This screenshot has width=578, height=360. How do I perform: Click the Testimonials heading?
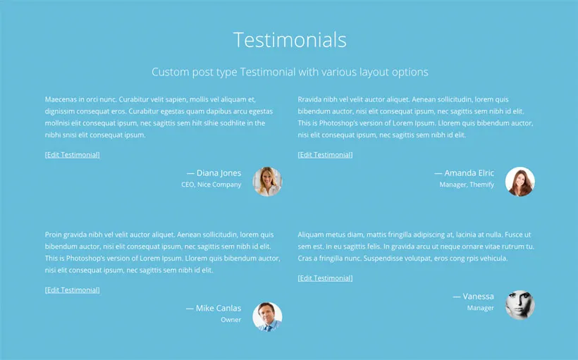(289, 39)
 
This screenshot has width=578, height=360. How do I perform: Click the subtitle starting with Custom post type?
(289, 72)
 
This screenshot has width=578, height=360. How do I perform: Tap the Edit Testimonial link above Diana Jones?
(72, 154)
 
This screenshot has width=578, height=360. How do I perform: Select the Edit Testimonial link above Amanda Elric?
(325, 154)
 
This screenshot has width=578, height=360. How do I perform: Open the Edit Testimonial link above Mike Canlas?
(72, 290)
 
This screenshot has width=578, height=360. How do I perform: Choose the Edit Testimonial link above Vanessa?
(325, 278)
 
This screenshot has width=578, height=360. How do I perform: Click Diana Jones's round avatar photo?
(267, 181)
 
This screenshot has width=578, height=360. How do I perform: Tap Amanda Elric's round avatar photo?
(519, 181)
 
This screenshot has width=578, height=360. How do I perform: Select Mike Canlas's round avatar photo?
(267, 316)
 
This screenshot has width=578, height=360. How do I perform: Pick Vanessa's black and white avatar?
(519, 304)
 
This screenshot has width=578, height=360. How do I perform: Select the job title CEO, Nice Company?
(211, 185)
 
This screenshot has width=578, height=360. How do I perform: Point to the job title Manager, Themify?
(467, 185)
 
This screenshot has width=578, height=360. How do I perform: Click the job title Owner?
(230, 320)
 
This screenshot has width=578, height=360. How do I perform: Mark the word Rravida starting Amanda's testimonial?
(312, 99)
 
